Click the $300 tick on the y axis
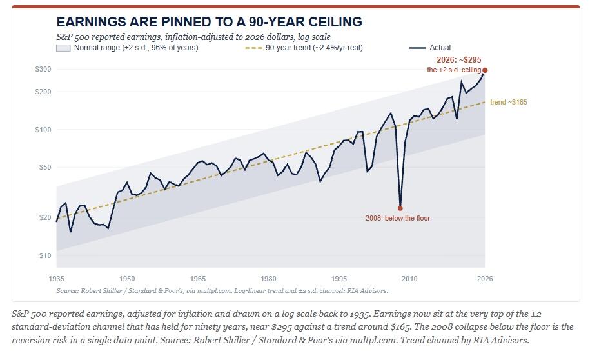[x=43, y=69]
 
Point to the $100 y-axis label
[x=43, y=130]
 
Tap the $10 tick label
[x=44, y=255]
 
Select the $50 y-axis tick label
[x=44, y=167]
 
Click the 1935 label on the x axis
[x=57, y=279]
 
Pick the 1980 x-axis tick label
[x=269, y=279]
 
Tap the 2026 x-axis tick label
[x=485, y=279]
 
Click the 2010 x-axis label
[x=409, y=279]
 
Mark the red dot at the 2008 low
[x=400, y=208]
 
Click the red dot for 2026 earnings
[x=485, y=70]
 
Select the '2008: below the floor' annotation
[x=398, y=218]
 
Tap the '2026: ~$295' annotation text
[x=459, y=60]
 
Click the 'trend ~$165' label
[x=509, y=102]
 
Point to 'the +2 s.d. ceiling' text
[x=454, y=70]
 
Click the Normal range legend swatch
[x=63, y=48]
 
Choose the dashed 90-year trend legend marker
[x=253, y=48]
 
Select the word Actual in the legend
[x=440, y=48]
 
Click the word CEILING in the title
[x=335, y=22]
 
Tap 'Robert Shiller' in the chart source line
[x=101, y=291]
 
